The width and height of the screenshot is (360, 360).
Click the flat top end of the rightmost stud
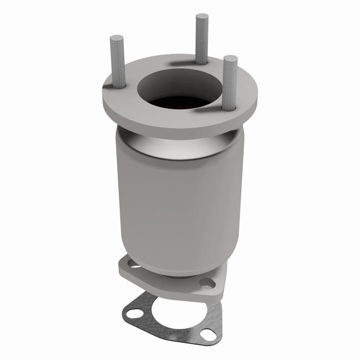pos(230,58)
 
